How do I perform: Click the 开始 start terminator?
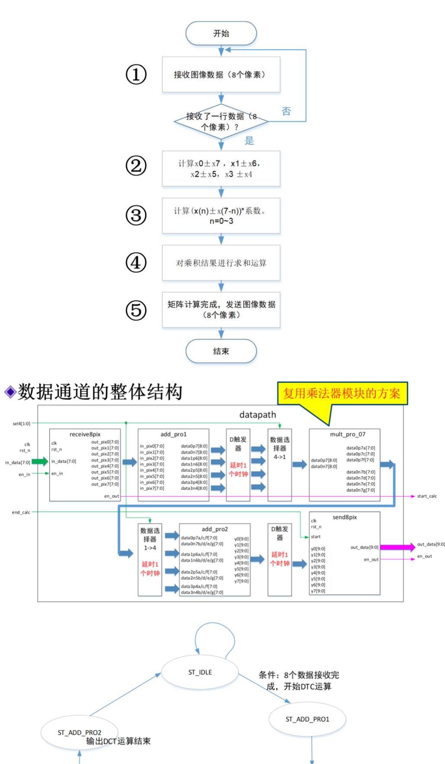point(221,34)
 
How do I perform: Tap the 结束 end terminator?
point(221,351)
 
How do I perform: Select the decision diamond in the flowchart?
point(221,121)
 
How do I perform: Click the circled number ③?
point(136,215)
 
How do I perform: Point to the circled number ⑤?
point(136,310)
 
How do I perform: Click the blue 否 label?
point(286,111)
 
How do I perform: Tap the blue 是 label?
point(249,141)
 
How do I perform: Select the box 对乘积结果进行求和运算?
point(221,263)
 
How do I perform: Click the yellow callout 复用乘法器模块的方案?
point(342,393)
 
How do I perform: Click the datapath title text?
point(257,415)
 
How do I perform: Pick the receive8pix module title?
point(85,434)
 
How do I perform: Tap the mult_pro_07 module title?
point(347,434)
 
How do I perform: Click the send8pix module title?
point(345,517)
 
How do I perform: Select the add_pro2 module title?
point(215,529)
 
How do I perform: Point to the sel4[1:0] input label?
point(22,424)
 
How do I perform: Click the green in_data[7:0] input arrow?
point(40,462)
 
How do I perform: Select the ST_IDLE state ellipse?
point(200,672)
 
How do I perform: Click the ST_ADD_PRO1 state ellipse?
point(307,719)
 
